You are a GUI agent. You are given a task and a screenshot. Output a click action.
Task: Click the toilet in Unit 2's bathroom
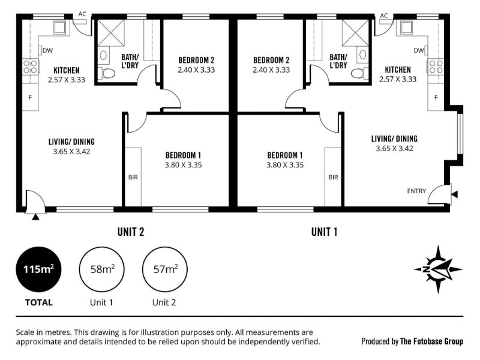click(x=107, y=73)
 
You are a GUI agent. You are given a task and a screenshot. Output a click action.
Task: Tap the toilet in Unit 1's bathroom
click(x=359, y=73)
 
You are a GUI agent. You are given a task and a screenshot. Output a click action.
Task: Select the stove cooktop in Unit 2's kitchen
click(x=31, y=67)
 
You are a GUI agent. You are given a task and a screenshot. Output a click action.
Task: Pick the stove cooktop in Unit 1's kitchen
click(x=436, y=66)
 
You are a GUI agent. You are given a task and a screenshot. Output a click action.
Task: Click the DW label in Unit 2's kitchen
click(x=48, y=50)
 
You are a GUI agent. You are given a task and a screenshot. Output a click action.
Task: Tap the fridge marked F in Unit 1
click(x=436, y=97)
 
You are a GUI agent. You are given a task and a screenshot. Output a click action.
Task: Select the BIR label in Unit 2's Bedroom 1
click(x=133, y=177)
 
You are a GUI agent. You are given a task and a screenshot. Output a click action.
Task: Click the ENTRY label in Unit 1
click(x=416, y=191)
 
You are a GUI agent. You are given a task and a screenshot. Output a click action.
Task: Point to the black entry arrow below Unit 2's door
click(x=36, y=217)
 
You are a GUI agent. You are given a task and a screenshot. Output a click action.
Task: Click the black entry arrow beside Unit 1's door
click(x=455, y=194)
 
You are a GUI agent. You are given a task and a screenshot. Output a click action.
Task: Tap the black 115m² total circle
click(x=38, y=269)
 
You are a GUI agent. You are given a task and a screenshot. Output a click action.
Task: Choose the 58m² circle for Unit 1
click(x=101, y=269)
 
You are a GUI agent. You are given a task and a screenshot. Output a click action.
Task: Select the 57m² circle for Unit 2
click(x=165, y=269)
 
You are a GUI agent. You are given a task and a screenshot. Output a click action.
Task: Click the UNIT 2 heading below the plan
click(x=131, y=232)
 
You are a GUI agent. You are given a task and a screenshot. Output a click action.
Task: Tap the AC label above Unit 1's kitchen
click(x=384, y=16)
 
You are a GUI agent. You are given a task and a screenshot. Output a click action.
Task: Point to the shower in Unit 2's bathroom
click(x=112, y=32)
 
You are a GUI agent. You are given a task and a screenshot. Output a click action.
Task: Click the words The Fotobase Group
click(x=431, y=341)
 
